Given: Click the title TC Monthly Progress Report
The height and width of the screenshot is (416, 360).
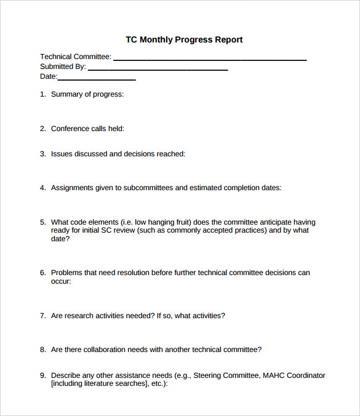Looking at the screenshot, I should click(184, 40).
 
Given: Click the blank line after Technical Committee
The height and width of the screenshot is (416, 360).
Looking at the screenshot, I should click(210, 60).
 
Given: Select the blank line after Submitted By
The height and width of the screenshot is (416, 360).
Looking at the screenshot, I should click(158, 70).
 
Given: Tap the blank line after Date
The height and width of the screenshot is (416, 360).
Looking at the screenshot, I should click(97, 79).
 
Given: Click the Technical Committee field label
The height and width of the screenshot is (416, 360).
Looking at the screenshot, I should click(76, 57).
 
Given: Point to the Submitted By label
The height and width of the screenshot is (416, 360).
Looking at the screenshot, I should click(63, 66).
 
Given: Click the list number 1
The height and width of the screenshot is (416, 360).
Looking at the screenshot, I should click(42, 94).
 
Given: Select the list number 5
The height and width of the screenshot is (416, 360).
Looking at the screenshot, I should click(42, 222).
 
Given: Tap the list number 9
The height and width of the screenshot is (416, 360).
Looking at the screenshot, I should click(42, 375).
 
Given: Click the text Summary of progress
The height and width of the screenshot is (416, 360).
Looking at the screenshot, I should click(87, 94).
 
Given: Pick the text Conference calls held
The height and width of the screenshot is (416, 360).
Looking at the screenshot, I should click(87, 129).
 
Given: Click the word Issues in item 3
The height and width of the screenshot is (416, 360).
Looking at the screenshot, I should click(62, 154).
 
